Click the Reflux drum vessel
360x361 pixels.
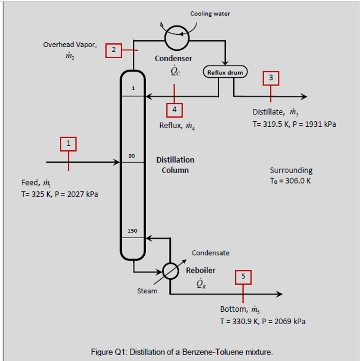[225, 72]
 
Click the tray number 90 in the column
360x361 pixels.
[132, 156]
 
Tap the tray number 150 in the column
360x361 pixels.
[132, 231]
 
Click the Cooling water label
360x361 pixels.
[210, 14]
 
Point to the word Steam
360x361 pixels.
[147, 291]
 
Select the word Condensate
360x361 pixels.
[211, 253]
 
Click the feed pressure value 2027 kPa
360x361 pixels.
[83, 194]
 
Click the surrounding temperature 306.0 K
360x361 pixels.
[298, 181]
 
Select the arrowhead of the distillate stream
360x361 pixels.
[304, 96]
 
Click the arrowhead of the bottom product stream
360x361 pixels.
[279, 294]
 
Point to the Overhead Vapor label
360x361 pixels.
[70, 45]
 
